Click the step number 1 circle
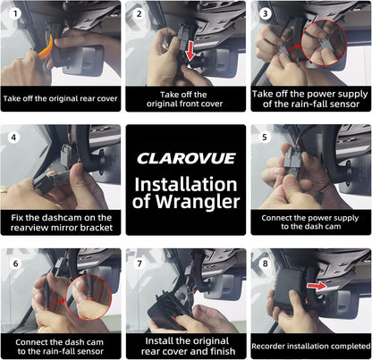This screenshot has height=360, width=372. coord(15,13)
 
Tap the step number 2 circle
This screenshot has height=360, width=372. coord(139,13)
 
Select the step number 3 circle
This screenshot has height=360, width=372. coord(265,13)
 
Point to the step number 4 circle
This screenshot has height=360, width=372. coord(13,138)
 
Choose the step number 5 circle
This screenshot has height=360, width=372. coord(265,138)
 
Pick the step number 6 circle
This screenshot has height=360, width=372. coord(15,264)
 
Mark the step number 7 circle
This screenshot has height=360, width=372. coord(139,264)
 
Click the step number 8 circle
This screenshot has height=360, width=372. coord(265,264)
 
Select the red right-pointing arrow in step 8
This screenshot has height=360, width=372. coord(317,286)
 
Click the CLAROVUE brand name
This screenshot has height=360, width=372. coord(186,158)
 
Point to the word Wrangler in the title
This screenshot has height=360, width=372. coord(198,202)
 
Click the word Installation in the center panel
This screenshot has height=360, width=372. coord(186,185)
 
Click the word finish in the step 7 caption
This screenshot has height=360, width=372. coord(223,351)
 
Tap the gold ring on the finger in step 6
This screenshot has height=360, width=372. coord(42,329)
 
